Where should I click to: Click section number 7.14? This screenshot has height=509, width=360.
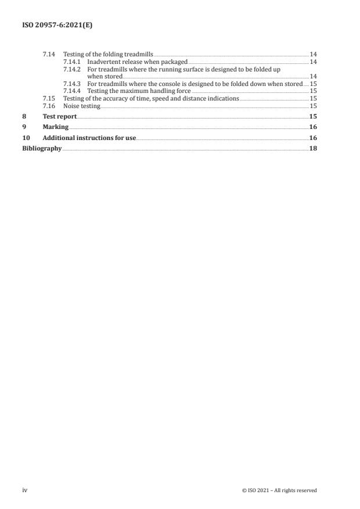click(49, 54)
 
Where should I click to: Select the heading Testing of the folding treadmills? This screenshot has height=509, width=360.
click(108, 54)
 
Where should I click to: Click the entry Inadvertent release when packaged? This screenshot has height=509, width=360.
click(137, 62)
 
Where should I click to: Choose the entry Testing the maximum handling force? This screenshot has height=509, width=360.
click(139, 91)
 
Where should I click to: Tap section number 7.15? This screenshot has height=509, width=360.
click(49, 99)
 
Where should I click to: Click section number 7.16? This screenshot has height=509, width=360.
click(49, 106)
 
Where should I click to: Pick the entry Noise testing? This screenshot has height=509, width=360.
click(81, 106)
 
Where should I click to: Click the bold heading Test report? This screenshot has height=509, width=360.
click(59, 116)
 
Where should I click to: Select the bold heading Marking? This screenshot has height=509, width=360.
click(55, 127)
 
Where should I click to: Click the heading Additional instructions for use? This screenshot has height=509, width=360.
click(89, 138)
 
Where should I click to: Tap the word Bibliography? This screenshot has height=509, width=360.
click(42, 148)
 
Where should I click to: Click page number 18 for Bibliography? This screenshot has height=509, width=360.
click(313, 148)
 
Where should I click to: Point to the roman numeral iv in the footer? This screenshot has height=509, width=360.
click(24, 490)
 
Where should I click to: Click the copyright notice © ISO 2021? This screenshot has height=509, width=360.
click(279, 490)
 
